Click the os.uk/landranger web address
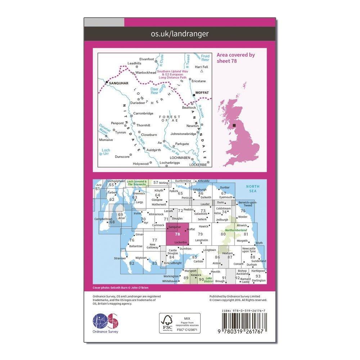(180, 34)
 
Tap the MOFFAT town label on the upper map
(202, 93)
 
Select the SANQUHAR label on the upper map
(116, 82)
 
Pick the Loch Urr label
(105, 152)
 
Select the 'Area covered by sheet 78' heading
(235, 58)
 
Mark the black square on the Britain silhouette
(235, 125)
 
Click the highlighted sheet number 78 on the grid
(177, 234)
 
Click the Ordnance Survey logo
(105, 320)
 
